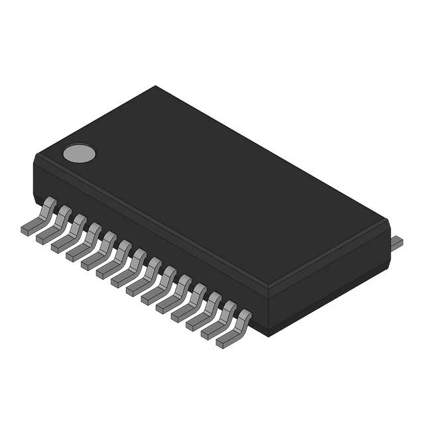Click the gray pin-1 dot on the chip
point(79,154)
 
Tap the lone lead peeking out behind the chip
point(396,243)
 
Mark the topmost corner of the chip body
point(156,86)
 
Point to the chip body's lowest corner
point(268,335)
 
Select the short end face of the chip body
point(329,282)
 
